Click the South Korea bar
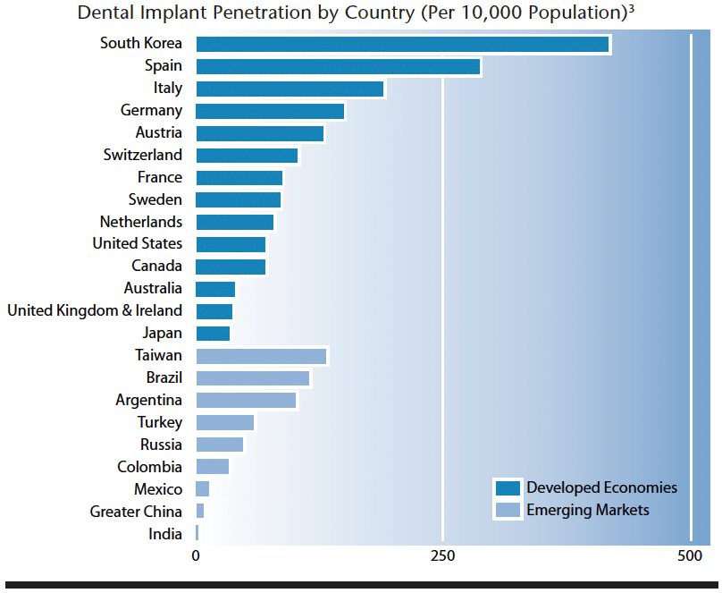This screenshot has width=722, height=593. [402, 44]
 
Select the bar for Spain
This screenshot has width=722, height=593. [338, 66]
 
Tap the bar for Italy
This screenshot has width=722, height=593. [290, 89]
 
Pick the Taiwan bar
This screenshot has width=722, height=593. [261, 356]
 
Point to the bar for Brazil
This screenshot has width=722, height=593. [252, 378]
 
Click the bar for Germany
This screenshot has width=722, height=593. [270, 111]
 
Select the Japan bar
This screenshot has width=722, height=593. [213, 334]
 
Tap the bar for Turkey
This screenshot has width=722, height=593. [224, 422]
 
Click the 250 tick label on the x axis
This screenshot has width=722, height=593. [442, 556]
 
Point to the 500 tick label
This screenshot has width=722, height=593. [690, 556]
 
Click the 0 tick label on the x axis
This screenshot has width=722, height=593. [196, 556]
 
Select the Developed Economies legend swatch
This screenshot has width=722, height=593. [508, 488]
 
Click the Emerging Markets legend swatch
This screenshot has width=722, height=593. [508, 511]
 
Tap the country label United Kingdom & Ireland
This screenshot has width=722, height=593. [95, 311]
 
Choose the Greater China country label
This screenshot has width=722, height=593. [136, 512]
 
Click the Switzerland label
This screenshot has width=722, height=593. [142, 155]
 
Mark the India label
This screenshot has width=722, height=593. [165, 534]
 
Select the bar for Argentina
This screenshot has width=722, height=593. [246, 401]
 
